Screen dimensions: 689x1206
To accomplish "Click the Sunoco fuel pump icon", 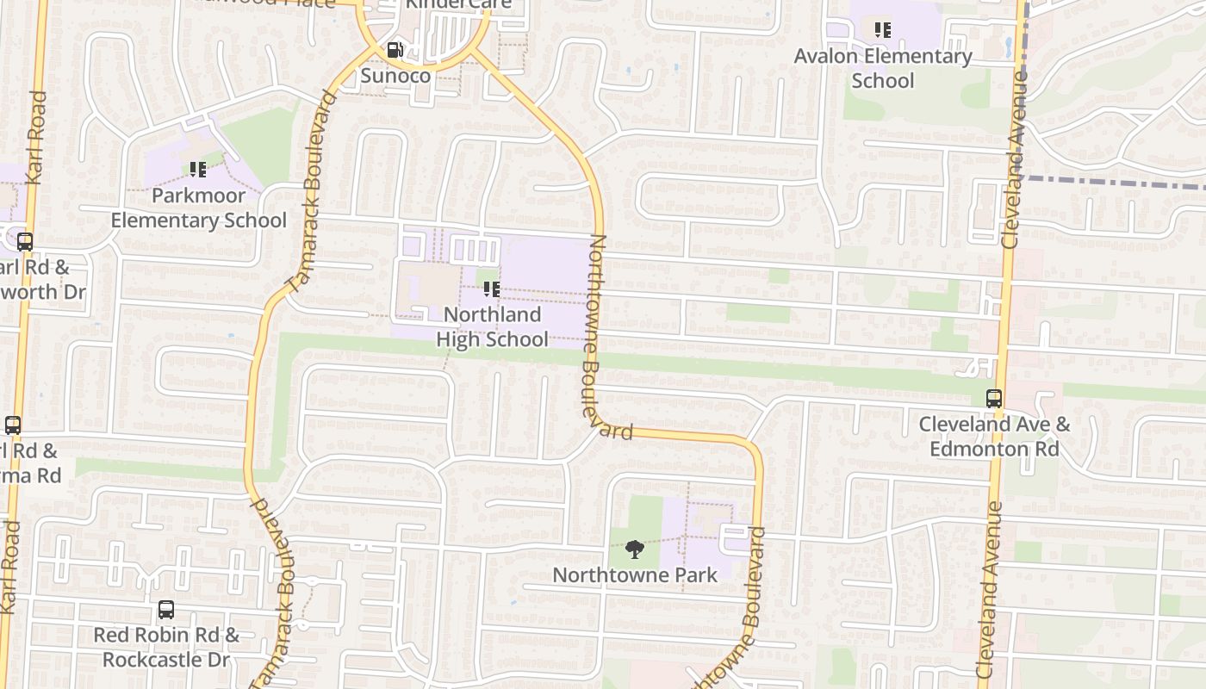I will pyautogui.click(x=395, y=50).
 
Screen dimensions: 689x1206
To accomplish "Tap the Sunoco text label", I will pyautogui.click(x=395, y=75).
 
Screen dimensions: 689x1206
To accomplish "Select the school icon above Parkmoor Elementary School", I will pyautogui.click(x=197, y=170).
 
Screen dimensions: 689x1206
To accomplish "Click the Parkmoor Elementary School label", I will pyautogui.click(x=198, y=208).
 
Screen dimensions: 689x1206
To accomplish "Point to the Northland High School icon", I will pyautogui.click(x=491, y=289).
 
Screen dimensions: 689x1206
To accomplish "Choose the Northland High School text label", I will pyautogui.click(x=492, y=326).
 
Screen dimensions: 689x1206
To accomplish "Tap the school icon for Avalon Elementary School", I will pyautogui.click(x=882, y=30).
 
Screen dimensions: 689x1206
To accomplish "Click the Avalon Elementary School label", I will pyautogui.click(x=883, y=68).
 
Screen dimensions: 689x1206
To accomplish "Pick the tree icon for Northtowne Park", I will pyautogui.click(x=634, y=549).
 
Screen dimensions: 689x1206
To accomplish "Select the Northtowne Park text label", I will pyautogui.click(x=635, y=574).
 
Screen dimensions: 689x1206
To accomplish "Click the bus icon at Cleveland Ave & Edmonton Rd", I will pyautogui.click(x=994, y=399).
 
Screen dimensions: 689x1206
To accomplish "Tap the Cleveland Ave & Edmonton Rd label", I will pyautogui.click(x=994, y=436).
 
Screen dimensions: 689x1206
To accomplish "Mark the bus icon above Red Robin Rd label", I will pyautogui.click(x=166, y=610).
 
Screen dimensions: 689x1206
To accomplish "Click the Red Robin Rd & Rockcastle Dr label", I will pyautogui.click(x=166, y=647).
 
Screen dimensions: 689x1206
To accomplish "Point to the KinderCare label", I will pyautogui.click(x=458, y=4).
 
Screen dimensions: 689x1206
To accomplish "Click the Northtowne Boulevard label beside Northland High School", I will pyautogui.click(x=606, y=336).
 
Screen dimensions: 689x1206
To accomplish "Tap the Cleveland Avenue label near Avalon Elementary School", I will pyautogui.click(x=1016, y=159).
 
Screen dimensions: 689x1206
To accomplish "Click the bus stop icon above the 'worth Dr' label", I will pyautogui.click(x=25, y=242).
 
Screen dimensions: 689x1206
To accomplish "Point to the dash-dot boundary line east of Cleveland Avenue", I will pyautogui.click(x=1120, y=183).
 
